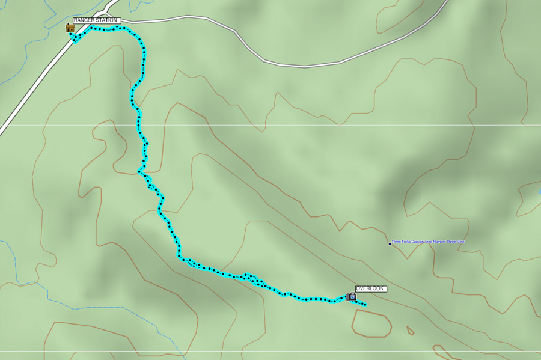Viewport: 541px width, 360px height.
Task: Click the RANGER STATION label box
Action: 97,20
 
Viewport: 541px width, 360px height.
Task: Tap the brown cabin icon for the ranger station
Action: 70,28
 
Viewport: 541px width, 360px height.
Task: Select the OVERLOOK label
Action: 371,289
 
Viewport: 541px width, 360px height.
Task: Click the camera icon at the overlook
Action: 351,297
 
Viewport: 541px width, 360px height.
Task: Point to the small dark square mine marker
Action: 390,243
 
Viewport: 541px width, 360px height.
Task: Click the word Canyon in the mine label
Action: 417,242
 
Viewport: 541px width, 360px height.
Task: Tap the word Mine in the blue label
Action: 460,242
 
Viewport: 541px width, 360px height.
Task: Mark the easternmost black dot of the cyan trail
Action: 365,305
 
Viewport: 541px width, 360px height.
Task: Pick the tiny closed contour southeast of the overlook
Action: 410,330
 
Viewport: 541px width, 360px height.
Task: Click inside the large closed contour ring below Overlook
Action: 371,323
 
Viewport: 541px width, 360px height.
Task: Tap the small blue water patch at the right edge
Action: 539,192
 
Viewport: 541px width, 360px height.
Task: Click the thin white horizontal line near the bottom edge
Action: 270,352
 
